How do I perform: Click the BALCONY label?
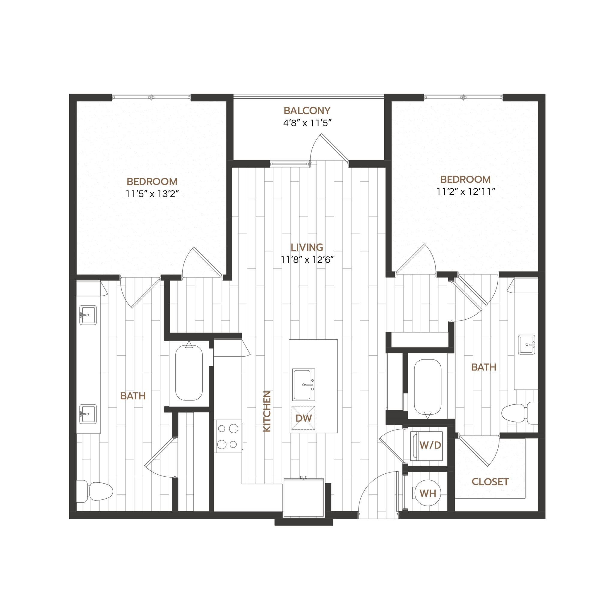pos(307,111)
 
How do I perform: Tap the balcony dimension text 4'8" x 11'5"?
pos(307,123)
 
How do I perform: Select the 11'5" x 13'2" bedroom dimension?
pos(152,194)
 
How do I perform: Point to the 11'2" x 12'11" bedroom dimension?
pos(466,192)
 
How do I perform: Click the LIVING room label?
pos(307,247)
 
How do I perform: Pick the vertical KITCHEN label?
pos(267,411)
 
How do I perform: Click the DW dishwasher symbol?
pos(303,418)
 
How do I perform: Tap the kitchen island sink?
pos(303,385)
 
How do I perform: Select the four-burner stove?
pos(228,436)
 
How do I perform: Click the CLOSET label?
pos(490,482)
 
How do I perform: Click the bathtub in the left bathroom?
pos(189,372)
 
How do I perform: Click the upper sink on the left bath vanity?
pos(88,315)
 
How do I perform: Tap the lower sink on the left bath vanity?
pos(88,414)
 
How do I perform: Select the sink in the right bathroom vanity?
pos(526,344)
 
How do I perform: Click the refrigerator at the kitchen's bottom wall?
pos(303,498)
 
